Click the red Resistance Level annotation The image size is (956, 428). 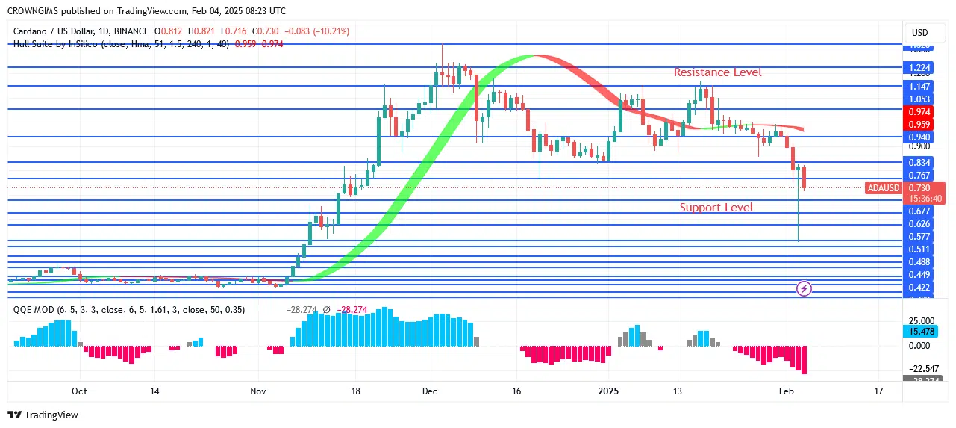(717, 72)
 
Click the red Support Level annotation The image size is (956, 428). (716, 208)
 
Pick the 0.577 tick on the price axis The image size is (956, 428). (918, 237)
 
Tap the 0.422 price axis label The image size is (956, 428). (918, 288)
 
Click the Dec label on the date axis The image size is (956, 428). (430, 391)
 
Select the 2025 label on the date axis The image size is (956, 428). (609, 391)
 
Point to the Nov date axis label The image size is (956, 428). (257, 391)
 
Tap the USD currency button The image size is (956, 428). (919, 33)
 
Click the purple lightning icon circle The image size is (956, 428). (805, 288)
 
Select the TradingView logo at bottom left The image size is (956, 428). (43, 415)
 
